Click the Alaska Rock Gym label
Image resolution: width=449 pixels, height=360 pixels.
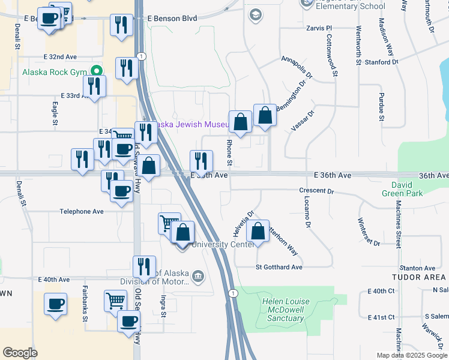point(55,73)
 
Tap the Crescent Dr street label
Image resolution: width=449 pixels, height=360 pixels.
point(316,191)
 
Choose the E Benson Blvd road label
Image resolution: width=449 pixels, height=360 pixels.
point(173,19)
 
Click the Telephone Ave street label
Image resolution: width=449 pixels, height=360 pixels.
point(82,211)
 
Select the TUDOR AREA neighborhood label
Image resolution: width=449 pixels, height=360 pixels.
point(418,277)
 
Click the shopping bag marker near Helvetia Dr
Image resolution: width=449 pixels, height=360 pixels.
point(258,231)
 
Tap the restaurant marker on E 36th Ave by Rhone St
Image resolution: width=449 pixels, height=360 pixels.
point(201,161)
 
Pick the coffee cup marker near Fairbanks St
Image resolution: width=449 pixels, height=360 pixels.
point(55,304)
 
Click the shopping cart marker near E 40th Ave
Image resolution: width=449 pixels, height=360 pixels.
point(115,301)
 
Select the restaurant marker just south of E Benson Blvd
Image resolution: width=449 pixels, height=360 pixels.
point(122,25)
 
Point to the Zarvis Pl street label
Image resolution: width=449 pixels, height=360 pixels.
point(319,28)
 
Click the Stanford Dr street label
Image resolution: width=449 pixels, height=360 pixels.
point(381,61)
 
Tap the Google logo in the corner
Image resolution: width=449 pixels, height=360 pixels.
point(20,353)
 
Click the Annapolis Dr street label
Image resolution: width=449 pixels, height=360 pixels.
point(297,67)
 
